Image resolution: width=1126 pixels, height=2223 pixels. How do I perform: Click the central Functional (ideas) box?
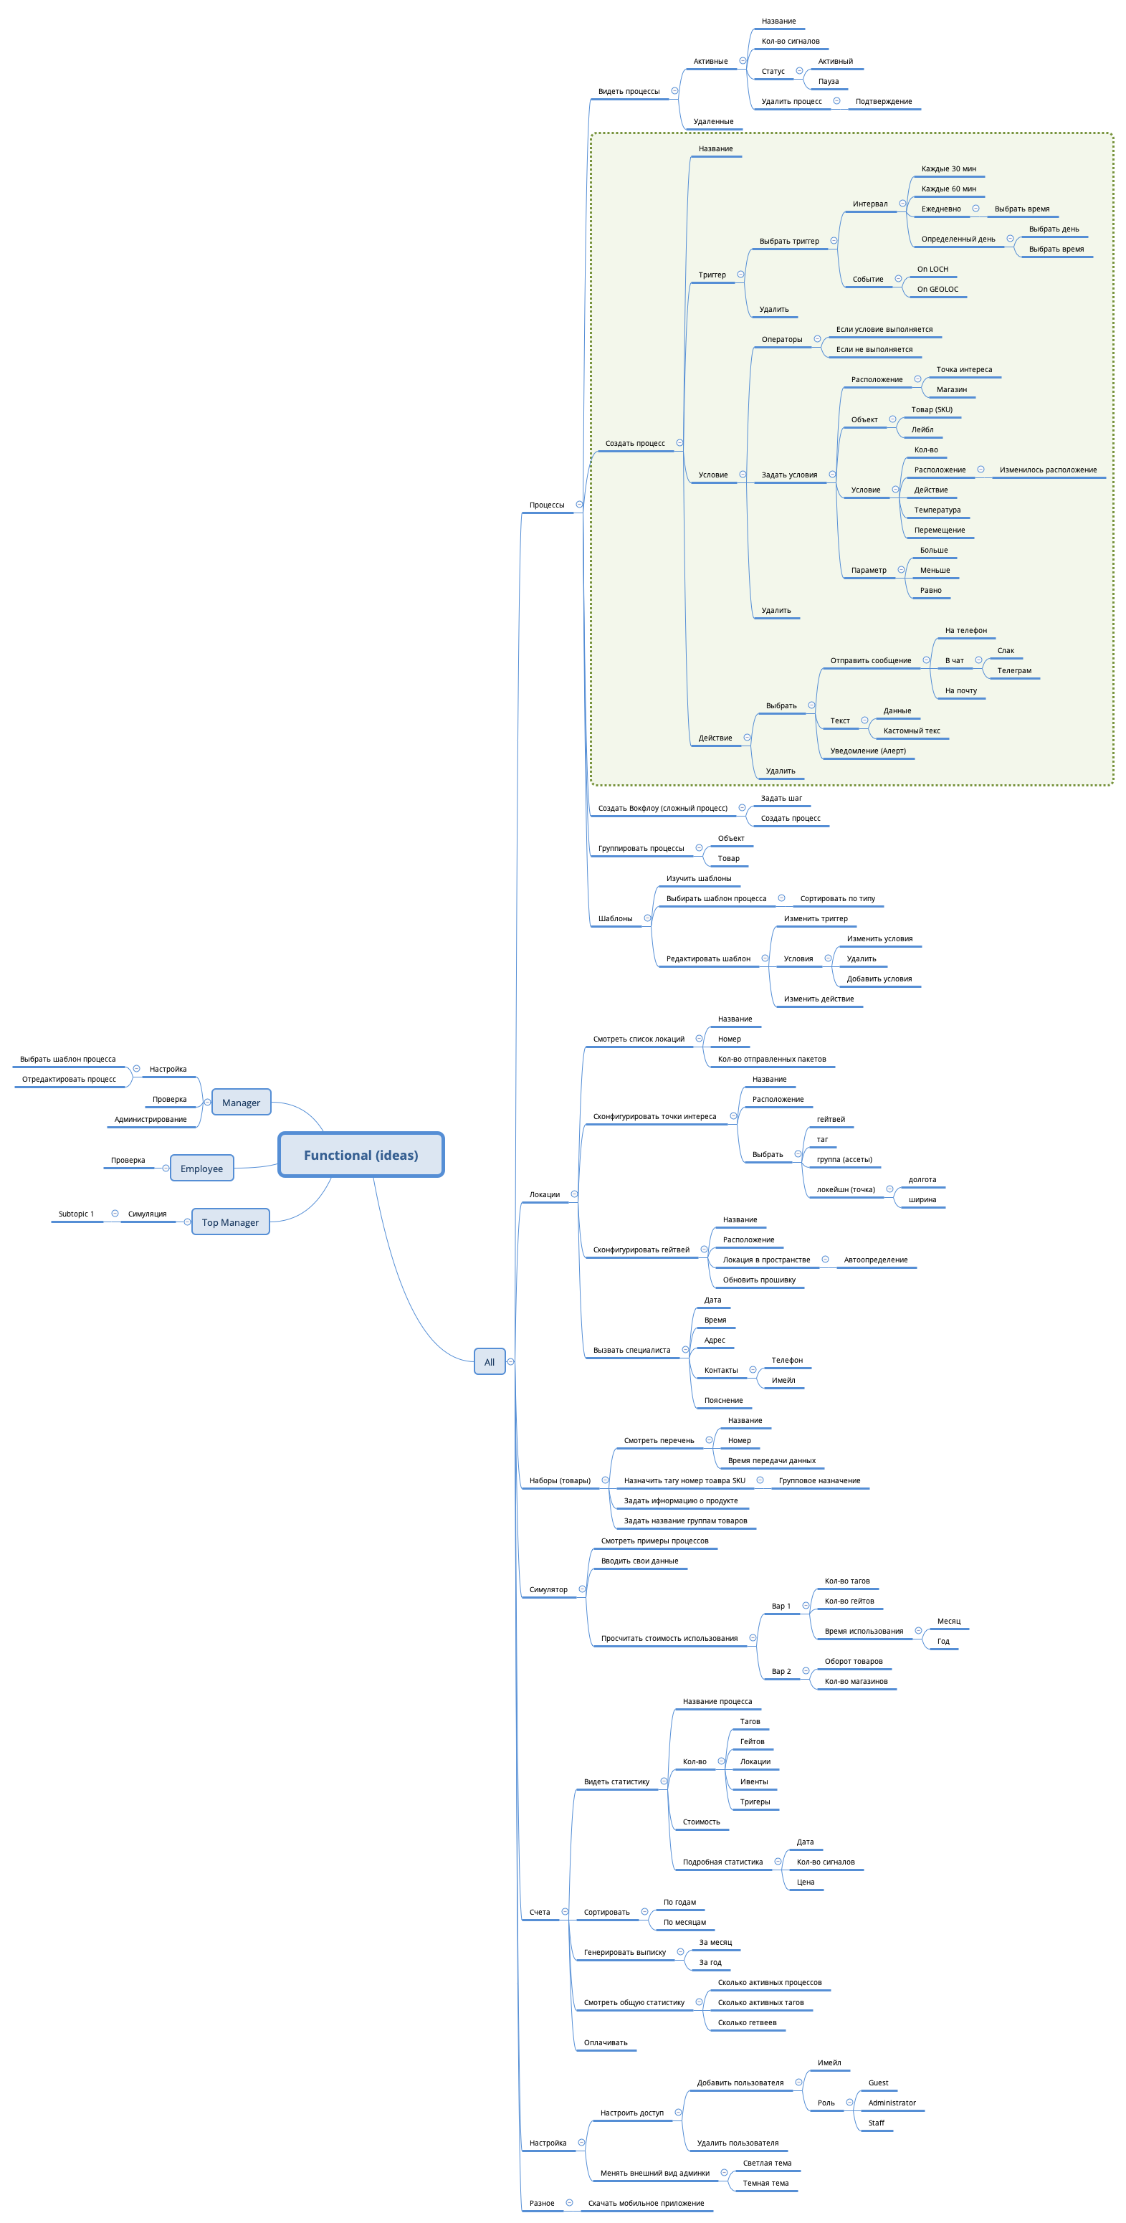[361, 1155]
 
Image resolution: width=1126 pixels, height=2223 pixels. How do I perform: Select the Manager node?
[241, 1102]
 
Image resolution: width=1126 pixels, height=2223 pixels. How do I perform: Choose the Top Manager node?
[229, 1222]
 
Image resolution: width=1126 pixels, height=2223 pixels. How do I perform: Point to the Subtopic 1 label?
[76, 1214]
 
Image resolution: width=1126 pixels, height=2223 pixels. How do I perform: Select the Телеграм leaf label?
[1014, 670]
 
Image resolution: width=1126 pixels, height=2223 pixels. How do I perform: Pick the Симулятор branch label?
[548, 1589]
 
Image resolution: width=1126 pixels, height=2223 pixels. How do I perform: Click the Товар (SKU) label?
[931, 410]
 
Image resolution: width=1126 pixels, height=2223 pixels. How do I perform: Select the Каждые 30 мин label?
[948, 169]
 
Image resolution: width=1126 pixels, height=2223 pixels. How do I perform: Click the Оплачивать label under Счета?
[605, 2042]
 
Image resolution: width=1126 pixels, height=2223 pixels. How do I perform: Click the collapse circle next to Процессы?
[579, 505]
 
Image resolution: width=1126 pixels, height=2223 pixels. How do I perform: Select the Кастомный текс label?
[911, 731]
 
